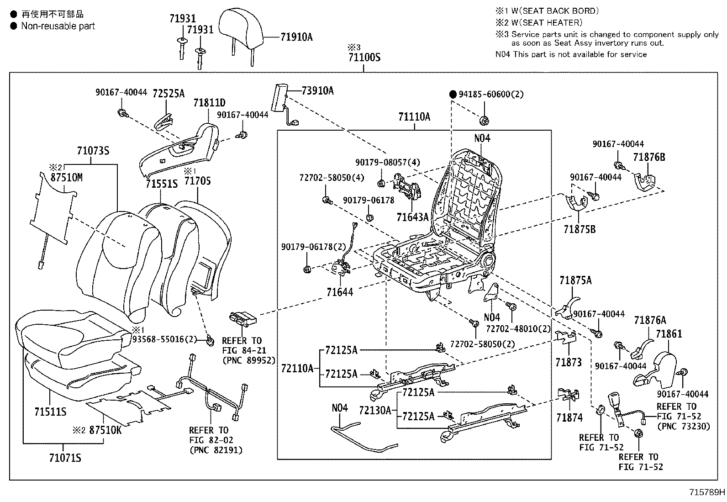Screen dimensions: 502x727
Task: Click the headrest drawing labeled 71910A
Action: click(241, 27)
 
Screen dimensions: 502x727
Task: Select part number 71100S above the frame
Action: click(364, 58)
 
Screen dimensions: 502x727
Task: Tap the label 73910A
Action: click(317, 91)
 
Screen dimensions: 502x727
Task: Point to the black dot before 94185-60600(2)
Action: click(453, 95)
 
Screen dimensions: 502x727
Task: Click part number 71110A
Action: click(414, 117)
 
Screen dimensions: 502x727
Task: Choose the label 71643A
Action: click(412, 217)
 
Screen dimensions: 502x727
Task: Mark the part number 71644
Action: click(340, 292)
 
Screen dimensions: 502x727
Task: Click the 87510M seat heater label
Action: click(67, 178)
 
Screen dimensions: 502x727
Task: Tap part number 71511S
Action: click(50, 412)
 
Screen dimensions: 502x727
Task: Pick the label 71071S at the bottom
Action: click(65, 457)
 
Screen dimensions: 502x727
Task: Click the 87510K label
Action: click(105, 430)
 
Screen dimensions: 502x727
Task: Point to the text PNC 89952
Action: click(249, 360)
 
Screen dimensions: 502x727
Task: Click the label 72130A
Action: click(375, 410)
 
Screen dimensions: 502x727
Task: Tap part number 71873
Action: click(569, 362)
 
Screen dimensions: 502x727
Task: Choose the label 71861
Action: click(669, 334)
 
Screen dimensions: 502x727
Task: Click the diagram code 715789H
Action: click(707, 492)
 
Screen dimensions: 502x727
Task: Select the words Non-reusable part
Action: click(58, 26)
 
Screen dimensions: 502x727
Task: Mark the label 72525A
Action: click(169, 94)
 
